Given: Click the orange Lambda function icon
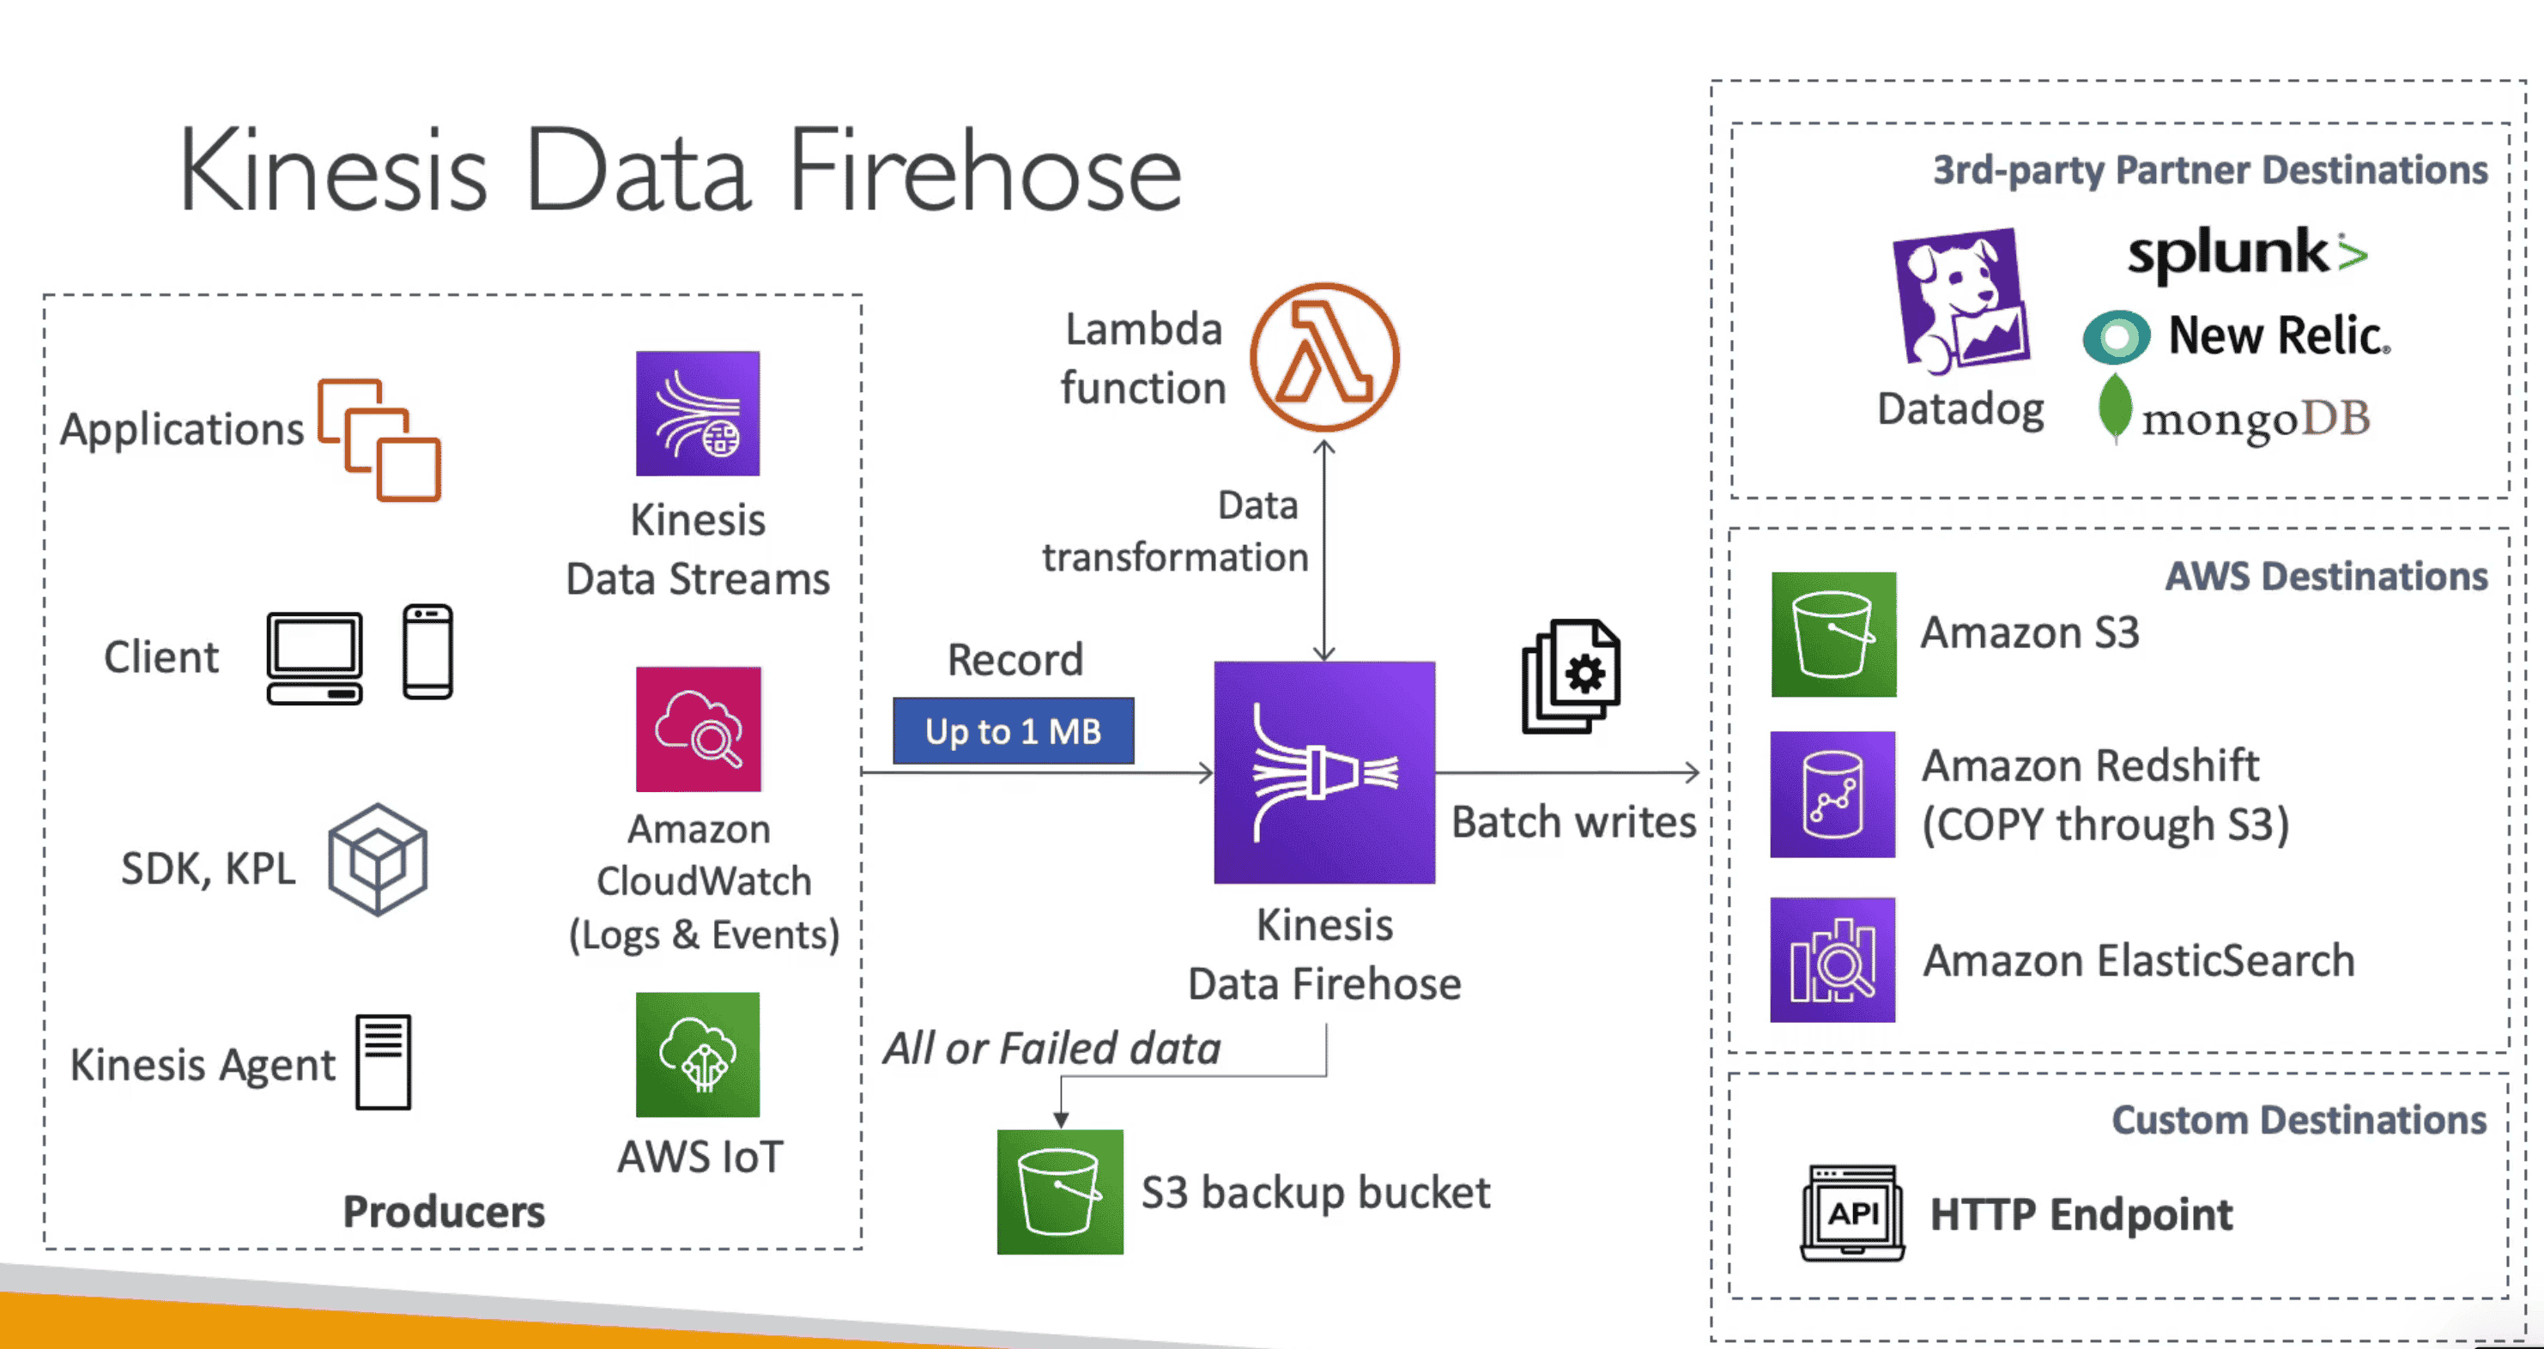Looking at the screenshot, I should click(1324, 358).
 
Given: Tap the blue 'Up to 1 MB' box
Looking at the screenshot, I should click(1014, 731).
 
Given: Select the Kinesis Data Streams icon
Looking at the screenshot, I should click(697, 414).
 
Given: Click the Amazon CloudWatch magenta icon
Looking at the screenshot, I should click(698, 729).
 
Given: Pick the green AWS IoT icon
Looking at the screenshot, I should click(697, 1055).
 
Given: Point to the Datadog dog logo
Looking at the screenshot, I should click(1959, 300).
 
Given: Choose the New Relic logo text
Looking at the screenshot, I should click(2278, 336).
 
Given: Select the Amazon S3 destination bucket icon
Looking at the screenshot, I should click(1833, 634).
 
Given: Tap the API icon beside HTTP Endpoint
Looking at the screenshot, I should click(1851, 1213).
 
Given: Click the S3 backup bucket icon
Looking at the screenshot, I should click(1060, 1192).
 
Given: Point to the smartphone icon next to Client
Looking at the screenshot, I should click(427, 652).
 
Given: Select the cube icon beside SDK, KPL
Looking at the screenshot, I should click(378, 859).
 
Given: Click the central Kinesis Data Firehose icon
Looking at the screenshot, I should click(1324, 772).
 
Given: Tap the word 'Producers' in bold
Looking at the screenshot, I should click(444, 1212).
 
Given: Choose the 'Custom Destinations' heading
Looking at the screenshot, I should click(2298, 1120).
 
